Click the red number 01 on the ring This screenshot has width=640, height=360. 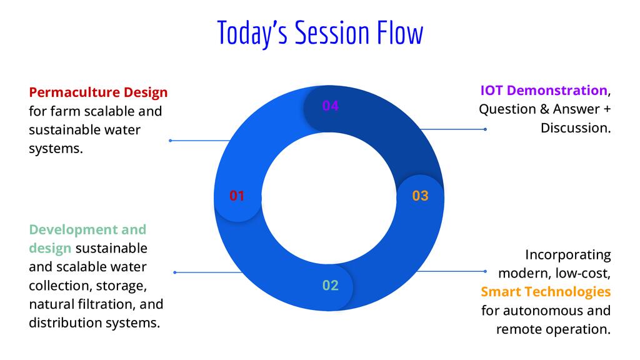[237, 196]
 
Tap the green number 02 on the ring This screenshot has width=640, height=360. [330, 285]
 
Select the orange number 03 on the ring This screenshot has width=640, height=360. [420, 196]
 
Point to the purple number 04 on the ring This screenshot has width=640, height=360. [330, 106]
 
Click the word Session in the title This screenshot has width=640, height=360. [332, 32]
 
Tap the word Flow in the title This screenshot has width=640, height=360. [400, 32]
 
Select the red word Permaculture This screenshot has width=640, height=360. [74, 92]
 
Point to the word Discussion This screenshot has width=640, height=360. [576, 128]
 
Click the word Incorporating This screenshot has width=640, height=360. [567, 255]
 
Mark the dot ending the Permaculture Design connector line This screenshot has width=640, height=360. [170, 141]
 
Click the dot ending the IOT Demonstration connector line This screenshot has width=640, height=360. [485, 129]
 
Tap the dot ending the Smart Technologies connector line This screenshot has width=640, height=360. [485, 271]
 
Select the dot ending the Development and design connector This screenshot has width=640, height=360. [175, 272]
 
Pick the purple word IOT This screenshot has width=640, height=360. [491, 90]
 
